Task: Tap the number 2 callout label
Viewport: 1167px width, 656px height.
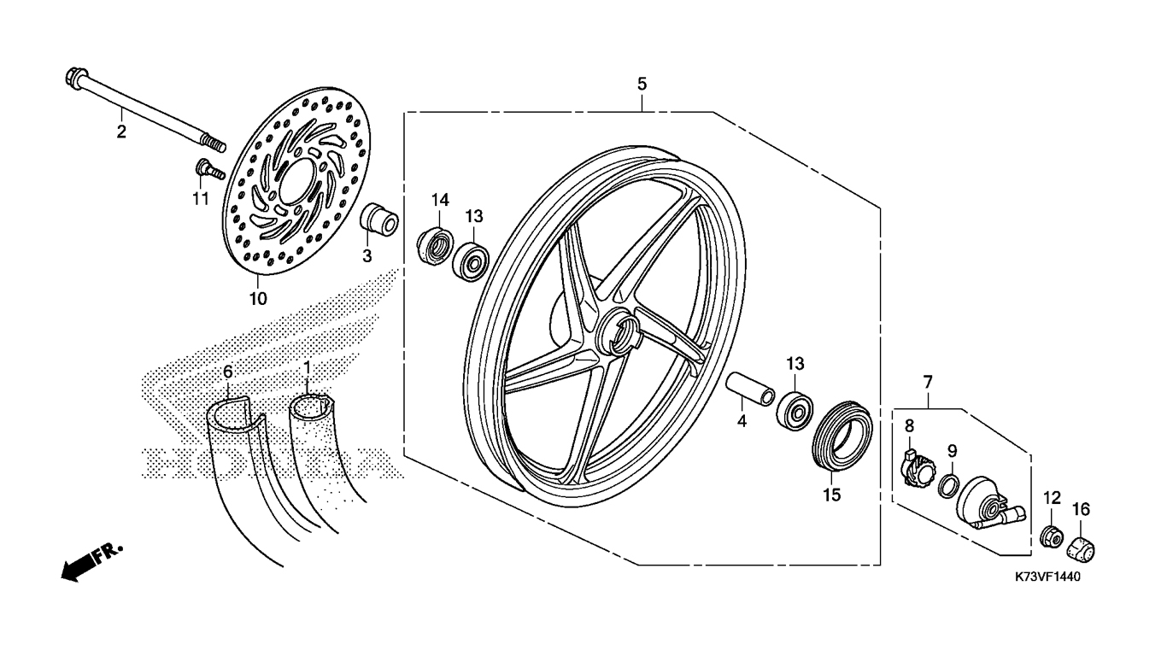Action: pyautogui.click(x=121, y=132)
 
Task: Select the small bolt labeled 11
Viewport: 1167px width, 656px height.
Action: pyautogui.click(x=206, y=168)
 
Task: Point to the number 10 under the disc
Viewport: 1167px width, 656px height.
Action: pyautogui.click(x=258, y=298)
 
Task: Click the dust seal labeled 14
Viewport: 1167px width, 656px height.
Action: pyautogui.click(x=436, y=243)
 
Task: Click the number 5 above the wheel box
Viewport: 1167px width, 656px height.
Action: pyautogui.click(x=642, y=84)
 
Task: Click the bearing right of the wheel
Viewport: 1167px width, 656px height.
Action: pyautogui.click(x=795, y=411)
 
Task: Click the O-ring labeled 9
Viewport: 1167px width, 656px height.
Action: pyautogui.click(x=947, y=486)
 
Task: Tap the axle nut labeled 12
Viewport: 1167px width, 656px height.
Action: pyautogui.click(x=1052, y=537)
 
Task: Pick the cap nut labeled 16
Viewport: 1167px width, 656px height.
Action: pyautogui.click(x=1082, y=548)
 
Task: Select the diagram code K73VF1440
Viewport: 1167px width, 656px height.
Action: pyautogui.click(x=1048, y=577)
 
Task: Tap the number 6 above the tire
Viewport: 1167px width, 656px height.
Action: pyautogui.click(x=227, y=372)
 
